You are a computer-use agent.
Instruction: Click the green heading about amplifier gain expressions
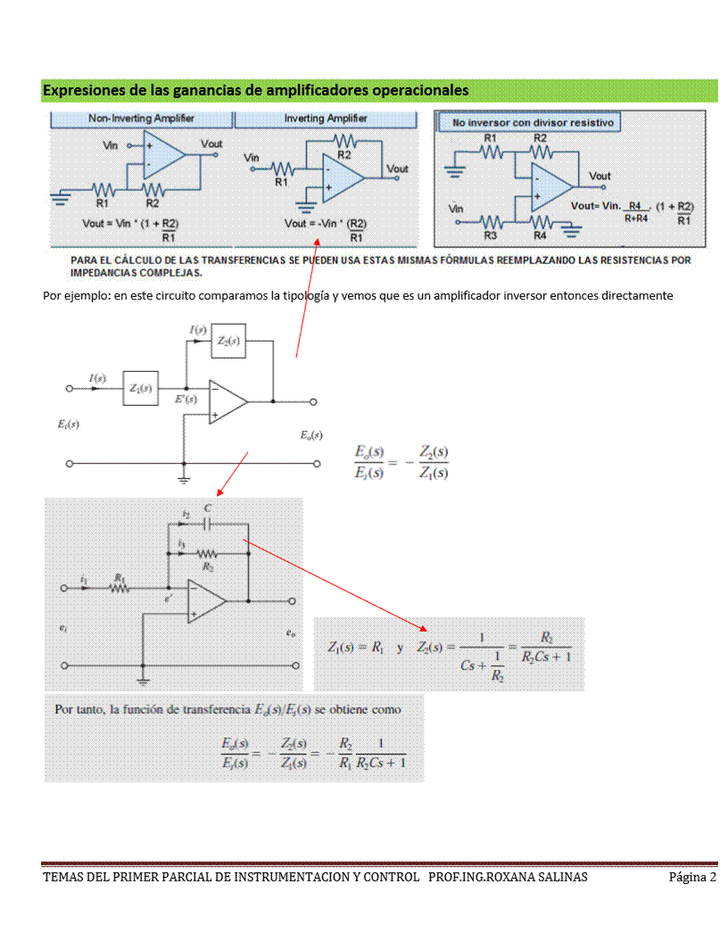point(256,90)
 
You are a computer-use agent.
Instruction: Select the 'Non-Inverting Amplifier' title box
point(141,119)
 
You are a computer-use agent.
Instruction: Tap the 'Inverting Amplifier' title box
point(326,119)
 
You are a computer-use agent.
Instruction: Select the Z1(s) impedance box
point(140,389)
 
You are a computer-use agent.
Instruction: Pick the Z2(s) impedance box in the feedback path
point(228,342)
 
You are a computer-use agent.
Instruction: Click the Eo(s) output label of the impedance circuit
point(311,435)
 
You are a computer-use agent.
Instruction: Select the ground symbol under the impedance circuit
point(184,479)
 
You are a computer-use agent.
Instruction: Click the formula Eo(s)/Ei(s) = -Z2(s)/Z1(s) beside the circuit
point(401,462)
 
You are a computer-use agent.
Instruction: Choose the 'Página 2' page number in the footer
point(692,877)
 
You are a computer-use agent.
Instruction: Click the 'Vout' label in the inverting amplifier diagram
point(397,169)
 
